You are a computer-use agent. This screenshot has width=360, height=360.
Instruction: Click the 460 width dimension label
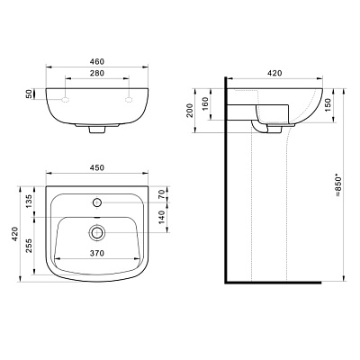click(97, 61)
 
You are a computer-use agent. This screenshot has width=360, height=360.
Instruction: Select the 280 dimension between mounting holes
click(97, 73)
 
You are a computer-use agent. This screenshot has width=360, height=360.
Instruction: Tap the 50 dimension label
click(29, 94)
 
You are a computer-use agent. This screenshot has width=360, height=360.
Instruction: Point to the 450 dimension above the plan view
click(97, 167)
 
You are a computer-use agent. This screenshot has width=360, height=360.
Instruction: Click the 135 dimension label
click(29, 202)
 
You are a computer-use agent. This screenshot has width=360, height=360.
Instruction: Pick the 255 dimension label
click(29, 246)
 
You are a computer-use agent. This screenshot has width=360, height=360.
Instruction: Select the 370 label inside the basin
click(97, 254)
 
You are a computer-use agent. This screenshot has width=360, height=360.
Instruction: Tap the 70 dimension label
click(162, 194)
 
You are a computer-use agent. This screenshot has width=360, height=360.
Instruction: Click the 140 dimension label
click(162, 217)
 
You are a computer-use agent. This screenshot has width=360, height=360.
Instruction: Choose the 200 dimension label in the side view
click(190, 111)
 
